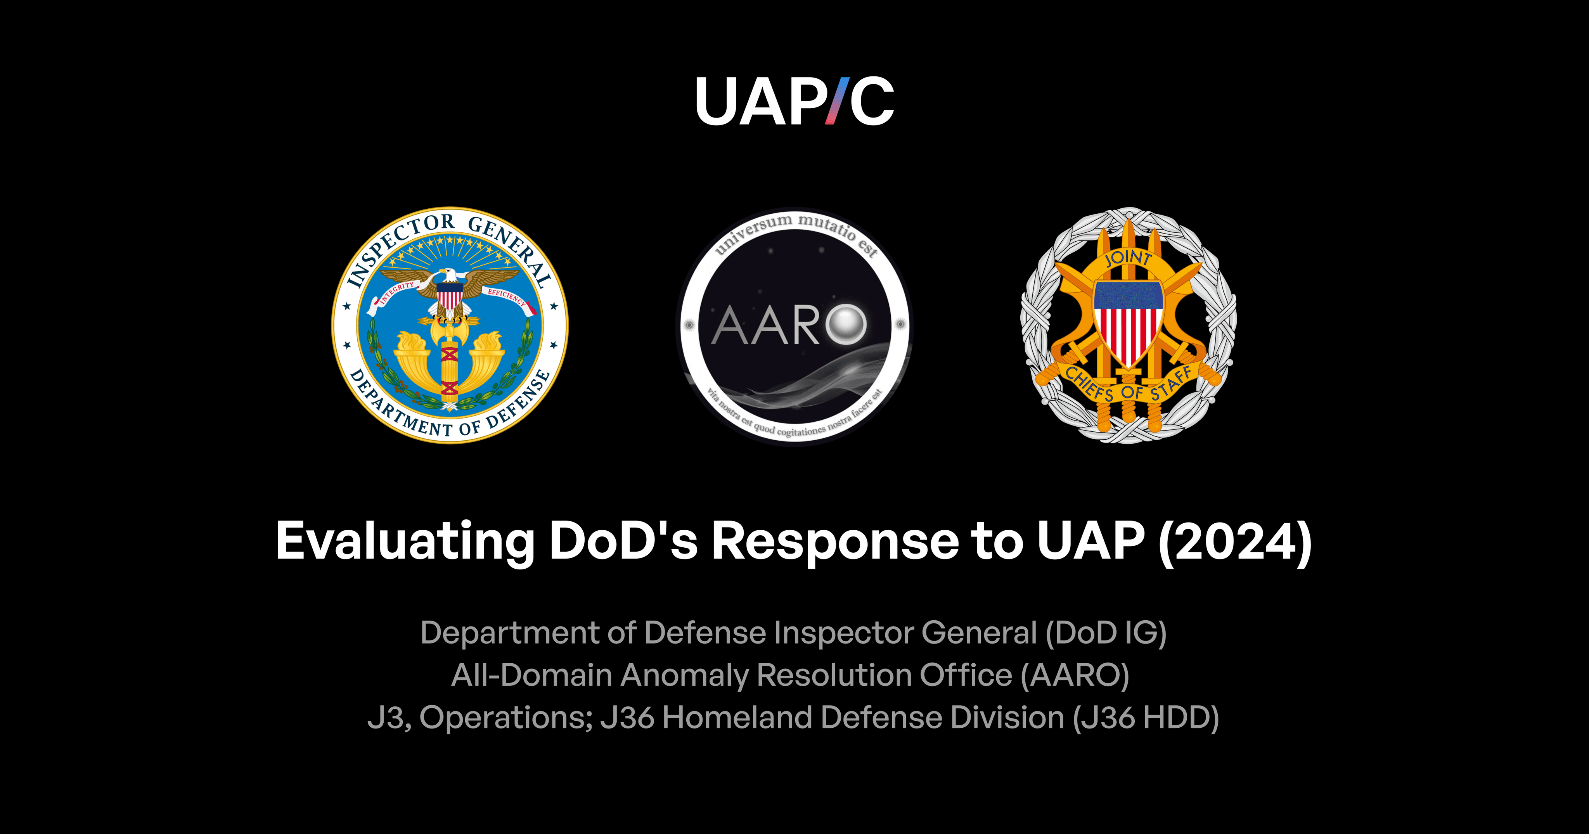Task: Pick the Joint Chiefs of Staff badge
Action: tap(1128, 325)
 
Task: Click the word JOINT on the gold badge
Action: tap(1128, 258)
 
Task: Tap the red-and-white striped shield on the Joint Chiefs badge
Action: tap(1128, 324)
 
